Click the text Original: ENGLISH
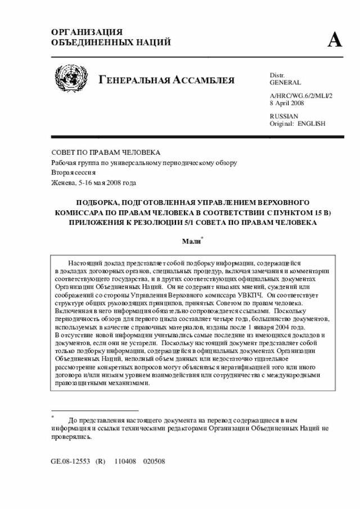[298, 123]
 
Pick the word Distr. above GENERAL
[277, 75]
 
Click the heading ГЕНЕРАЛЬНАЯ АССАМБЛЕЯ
[166, 80]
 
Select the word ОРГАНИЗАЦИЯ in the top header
[87, 33]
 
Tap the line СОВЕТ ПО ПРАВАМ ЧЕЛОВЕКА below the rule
[106, 152]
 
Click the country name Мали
[191, 241]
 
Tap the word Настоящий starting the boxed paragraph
[84, 263]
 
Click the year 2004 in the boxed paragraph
[296, 327]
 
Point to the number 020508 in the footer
[154, 461]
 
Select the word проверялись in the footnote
[70, 435]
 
